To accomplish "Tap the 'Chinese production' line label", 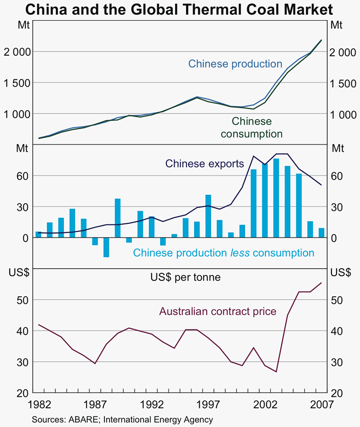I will [235, 64].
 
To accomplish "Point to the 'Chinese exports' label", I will [205, 164].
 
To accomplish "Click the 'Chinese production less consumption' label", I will [224, 253].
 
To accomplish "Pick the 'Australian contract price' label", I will [218, 312].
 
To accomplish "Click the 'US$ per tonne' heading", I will [185, 277].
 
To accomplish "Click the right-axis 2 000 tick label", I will [344, 52].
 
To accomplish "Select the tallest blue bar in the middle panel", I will [276, 198].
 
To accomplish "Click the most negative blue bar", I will [106, 247].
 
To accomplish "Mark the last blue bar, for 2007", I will [321, 233].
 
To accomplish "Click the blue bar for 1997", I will [208, 216].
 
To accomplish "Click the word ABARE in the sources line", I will [82, 420].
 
